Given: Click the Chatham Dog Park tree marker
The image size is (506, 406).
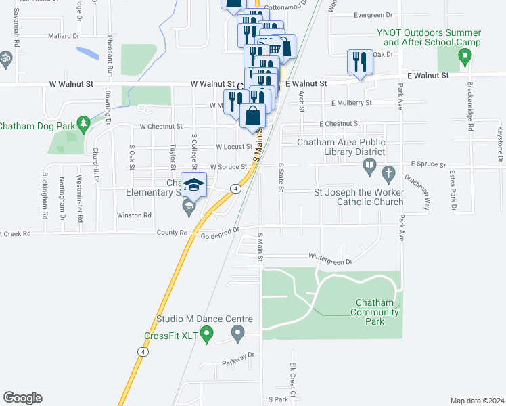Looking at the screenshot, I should [x=83, y=123].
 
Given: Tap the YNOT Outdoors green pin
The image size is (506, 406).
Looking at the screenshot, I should [x=464, y=60].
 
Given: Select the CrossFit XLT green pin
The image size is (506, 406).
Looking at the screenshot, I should [x=207, y=333].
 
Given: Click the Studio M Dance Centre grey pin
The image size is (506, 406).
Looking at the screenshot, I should [x=237, y=332].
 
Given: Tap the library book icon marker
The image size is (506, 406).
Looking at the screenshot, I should [x=369, y=165].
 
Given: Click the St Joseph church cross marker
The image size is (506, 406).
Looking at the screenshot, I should [x=388, y=175].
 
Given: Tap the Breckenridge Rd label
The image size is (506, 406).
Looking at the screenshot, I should [x=470, y=106].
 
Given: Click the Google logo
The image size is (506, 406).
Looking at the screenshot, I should [x=22, y=398].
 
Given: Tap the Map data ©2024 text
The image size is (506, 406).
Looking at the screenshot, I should [x=477, y=401].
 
